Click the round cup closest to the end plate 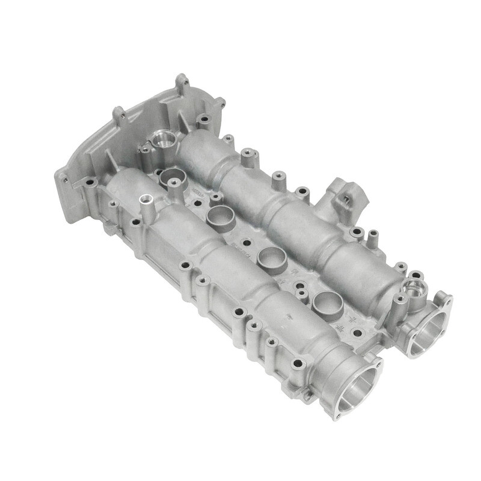[172, 178]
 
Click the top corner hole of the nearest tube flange [377, 363]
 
